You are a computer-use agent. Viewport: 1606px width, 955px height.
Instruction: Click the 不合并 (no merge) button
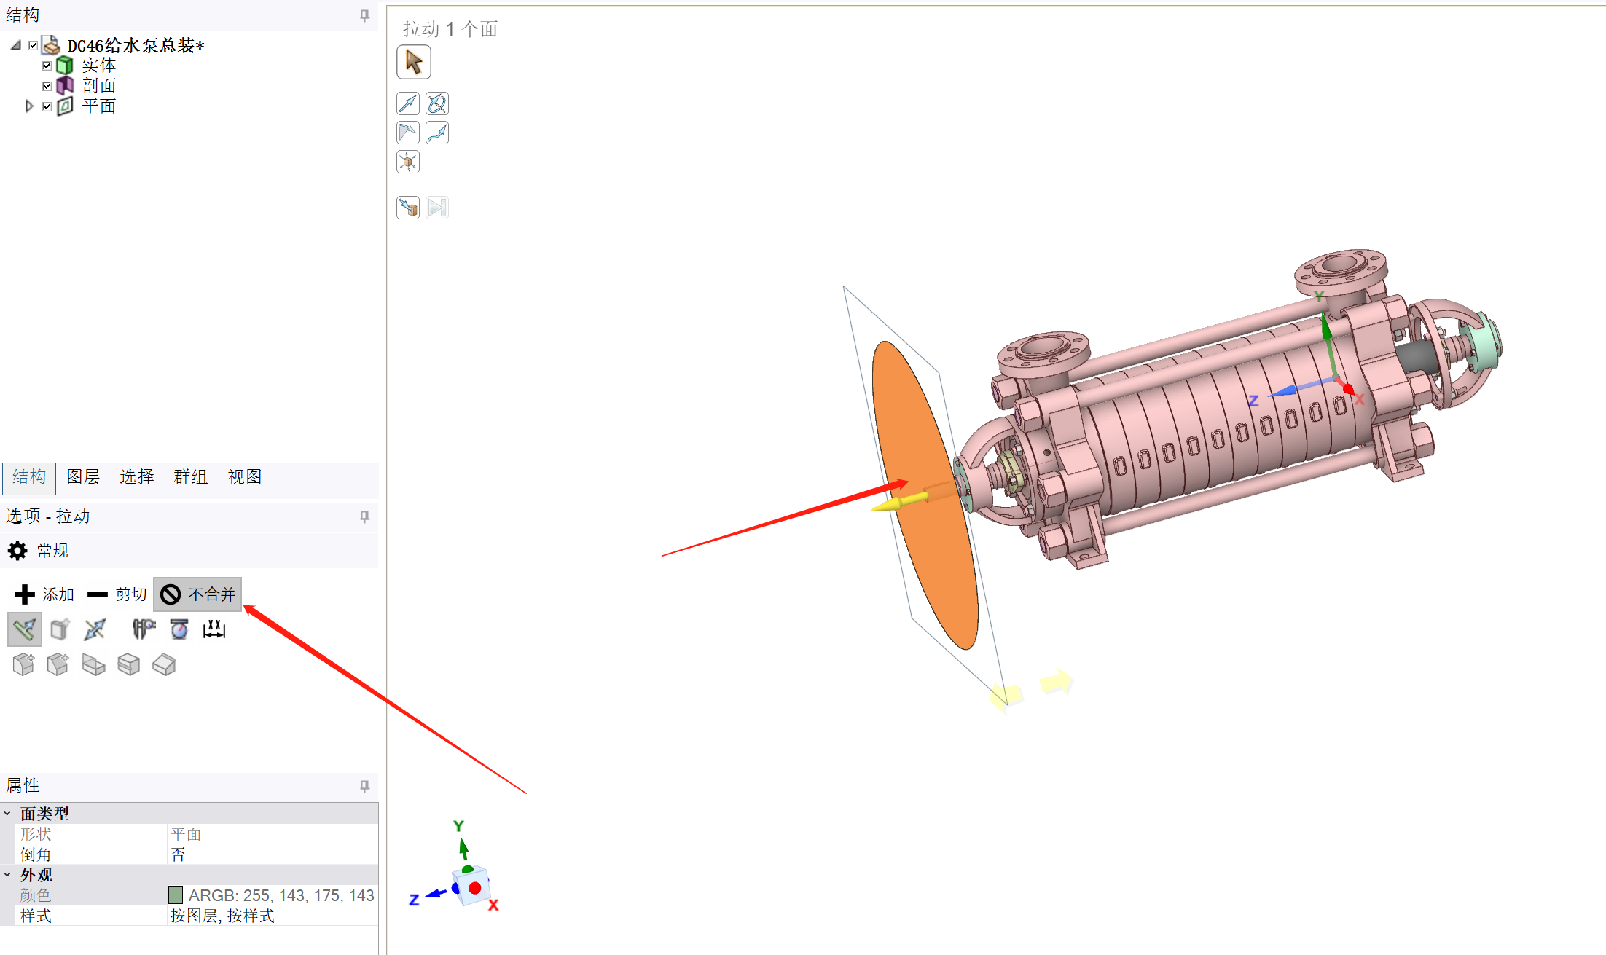pyautogui.click(x=197, y=594)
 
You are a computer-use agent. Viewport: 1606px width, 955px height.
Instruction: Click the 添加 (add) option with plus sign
pyautogui.click(x=44, y=594)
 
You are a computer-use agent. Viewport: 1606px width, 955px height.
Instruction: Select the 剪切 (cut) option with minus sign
pyautogui.click(x=117, y=594)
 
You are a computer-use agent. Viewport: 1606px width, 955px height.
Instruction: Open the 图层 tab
pyautogui.click(x=83, y=477)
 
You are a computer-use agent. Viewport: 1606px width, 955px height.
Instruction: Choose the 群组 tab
pyautogui.click(x=190, y=477)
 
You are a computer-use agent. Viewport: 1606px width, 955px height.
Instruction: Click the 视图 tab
pyautogui.click(x=244, y=477)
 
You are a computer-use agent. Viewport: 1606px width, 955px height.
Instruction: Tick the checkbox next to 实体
pyautogui.click(x=47, y=66)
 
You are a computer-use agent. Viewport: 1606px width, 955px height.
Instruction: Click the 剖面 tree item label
pyautogui.click(x=99, y=86)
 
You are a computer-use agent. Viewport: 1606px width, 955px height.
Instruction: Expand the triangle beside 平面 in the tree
pyautogui.click(x=29, y=106)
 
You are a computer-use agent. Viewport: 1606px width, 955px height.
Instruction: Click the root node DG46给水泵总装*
pyautogui.click(x=136, y=46)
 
